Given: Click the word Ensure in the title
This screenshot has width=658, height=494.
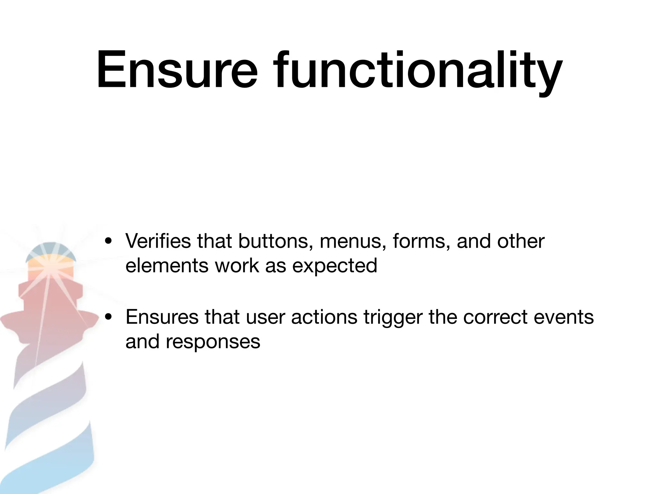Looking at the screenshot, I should point(177,70).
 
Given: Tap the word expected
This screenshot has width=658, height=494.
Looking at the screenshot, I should point(334,267).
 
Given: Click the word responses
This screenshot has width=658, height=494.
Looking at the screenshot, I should point(213,342).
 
